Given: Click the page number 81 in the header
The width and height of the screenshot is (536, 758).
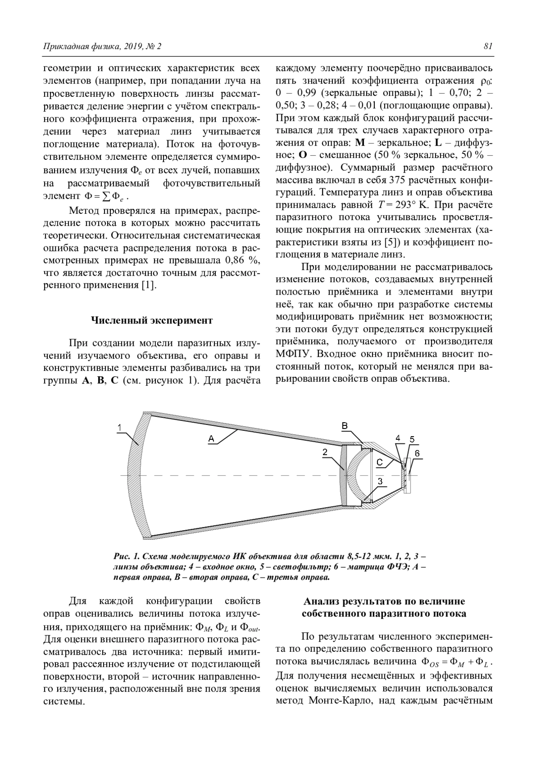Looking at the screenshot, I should pos(487,46).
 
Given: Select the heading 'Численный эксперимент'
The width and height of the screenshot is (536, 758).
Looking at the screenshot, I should pos(152,320).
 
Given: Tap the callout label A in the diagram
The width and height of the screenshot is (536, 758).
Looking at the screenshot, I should pos(211,439).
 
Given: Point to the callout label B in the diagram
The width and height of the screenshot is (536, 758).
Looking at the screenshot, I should pos(345,426).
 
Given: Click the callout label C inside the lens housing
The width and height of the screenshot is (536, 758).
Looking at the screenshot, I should pos(379,462).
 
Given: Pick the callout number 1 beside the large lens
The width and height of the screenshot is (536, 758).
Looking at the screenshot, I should pos(119,428).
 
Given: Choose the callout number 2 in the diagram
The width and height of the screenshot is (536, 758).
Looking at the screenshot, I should pos(325,452).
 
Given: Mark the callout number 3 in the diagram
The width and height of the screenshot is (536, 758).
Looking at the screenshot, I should pos(380,481).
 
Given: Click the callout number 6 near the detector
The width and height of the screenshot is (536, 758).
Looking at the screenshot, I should pos(417,453).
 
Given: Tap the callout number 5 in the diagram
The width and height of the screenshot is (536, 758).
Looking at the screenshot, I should pos(412,439).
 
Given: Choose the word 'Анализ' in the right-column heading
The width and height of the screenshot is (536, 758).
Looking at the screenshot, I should pos(320,601).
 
